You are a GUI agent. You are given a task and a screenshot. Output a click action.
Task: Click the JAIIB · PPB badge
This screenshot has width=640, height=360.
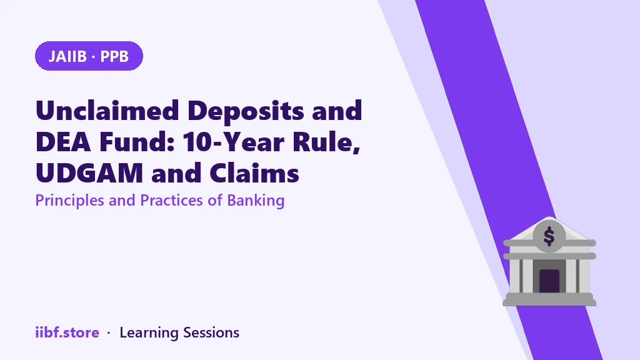coord(89,56)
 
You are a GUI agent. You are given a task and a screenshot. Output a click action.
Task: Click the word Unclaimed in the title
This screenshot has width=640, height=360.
coord(107,110)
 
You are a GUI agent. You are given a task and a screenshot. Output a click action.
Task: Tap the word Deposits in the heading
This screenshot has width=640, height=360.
coord(246,111)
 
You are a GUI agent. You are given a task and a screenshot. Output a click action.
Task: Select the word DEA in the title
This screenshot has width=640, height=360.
coord(63,142)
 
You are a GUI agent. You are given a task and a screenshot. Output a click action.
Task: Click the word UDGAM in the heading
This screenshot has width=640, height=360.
coord(89,173)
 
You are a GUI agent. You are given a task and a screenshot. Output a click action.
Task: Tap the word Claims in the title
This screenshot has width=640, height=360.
coord(254,173)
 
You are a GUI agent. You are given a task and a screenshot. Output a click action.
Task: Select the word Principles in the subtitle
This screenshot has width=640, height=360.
coord(70,201)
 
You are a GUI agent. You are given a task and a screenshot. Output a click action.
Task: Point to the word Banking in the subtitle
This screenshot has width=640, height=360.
coord(256,201)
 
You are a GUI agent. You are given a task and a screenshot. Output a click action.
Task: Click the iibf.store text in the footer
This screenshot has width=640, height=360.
coord(67,332)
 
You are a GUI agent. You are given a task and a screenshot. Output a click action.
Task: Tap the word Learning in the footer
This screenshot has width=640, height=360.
coord(149,333)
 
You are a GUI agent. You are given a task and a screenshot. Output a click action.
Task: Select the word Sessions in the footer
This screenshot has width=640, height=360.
coord(211,332)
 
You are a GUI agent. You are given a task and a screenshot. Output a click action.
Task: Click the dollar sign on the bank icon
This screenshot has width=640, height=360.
coord(549,236)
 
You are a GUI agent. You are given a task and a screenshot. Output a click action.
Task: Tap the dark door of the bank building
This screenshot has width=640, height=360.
coord(549,281)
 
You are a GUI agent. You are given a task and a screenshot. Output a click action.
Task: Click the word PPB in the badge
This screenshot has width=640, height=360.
coord(114,56)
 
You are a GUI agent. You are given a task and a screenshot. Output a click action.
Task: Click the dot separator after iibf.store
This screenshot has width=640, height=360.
coord(109,333)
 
